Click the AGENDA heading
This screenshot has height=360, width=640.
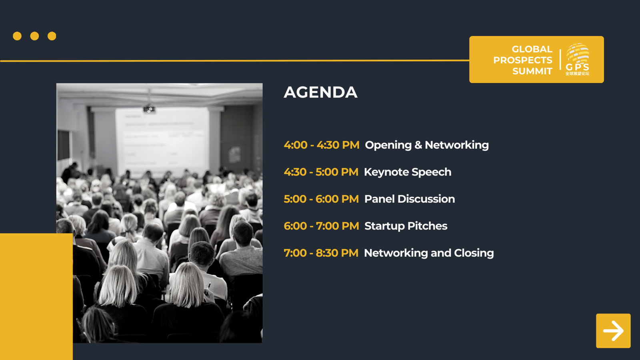[x=320, y=92]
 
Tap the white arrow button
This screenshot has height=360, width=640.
[x=613, y=331]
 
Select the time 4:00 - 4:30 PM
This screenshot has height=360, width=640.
[x=322, y=145]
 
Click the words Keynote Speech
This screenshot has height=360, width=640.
[x=408, y=172]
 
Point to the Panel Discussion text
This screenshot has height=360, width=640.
[x=410, y=199]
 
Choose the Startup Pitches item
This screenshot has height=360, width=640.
[x=406, y=226]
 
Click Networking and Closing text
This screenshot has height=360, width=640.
[x=429, y=253]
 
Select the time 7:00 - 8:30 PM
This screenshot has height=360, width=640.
[x=321, y=253]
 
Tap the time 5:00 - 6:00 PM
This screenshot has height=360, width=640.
[x=321, y=199]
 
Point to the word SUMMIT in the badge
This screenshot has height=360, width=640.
[x=532, y=71]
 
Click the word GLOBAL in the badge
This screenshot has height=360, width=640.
[x=532, y=49]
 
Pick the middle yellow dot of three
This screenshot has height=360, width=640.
[x=34, y=36]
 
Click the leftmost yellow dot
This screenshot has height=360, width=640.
[x=17, y=36]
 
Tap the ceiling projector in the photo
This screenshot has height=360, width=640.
[x=149, y=109]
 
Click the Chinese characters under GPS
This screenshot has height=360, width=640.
[x=577, y=74]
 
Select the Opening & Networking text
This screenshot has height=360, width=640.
[x=427, y=145]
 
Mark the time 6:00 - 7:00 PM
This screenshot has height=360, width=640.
[x=321, y=226]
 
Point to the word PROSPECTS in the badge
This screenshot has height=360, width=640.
[x=522, y=60]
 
